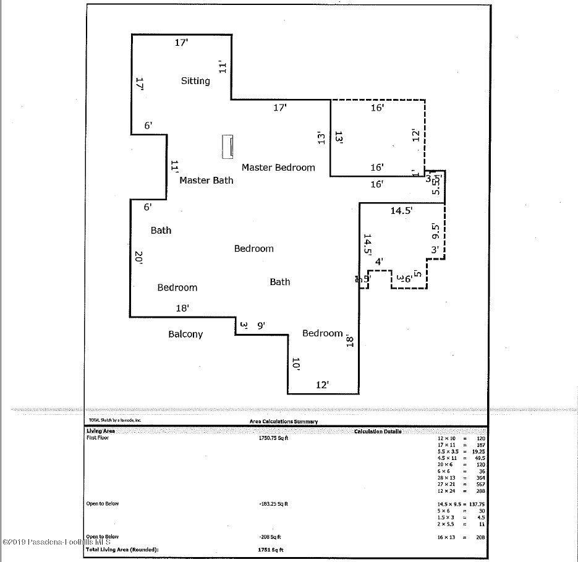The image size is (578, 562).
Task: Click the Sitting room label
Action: click(x=195, y=81)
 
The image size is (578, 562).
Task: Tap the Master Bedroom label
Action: click(x=278, y=168)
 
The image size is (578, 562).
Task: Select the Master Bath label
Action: click(x=206, y=181)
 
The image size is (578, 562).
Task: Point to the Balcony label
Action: click(x=185, y=334)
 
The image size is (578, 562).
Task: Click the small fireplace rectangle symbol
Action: click(x=228, y=147)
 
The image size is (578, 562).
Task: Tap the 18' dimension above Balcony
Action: click(x=182, y=308)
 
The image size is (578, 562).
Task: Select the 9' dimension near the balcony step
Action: click(x=261, y=325)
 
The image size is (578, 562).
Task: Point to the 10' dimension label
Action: click(x=296, y=364)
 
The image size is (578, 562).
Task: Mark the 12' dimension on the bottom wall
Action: click(x=322, y=385)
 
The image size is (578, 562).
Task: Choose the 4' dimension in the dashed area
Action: click(x=379, y=262)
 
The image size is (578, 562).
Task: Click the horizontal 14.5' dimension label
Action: click(x=401, y=211)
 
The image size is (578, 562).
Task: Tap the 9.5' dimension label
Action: click(x=435, y=232)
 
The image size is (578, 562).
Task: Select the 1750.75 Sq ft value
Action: click(x=273, y=438)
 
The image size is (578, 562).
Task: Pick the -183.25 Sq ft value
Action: click(x=273, y=504)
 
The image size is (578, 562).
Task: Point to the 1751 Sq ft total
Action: click(x=270, y=549)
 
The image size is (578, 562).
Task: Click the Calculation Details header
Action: click(x=378, y=431)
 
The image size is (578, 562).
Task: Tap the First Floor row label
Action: click(x=96, y=438)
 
